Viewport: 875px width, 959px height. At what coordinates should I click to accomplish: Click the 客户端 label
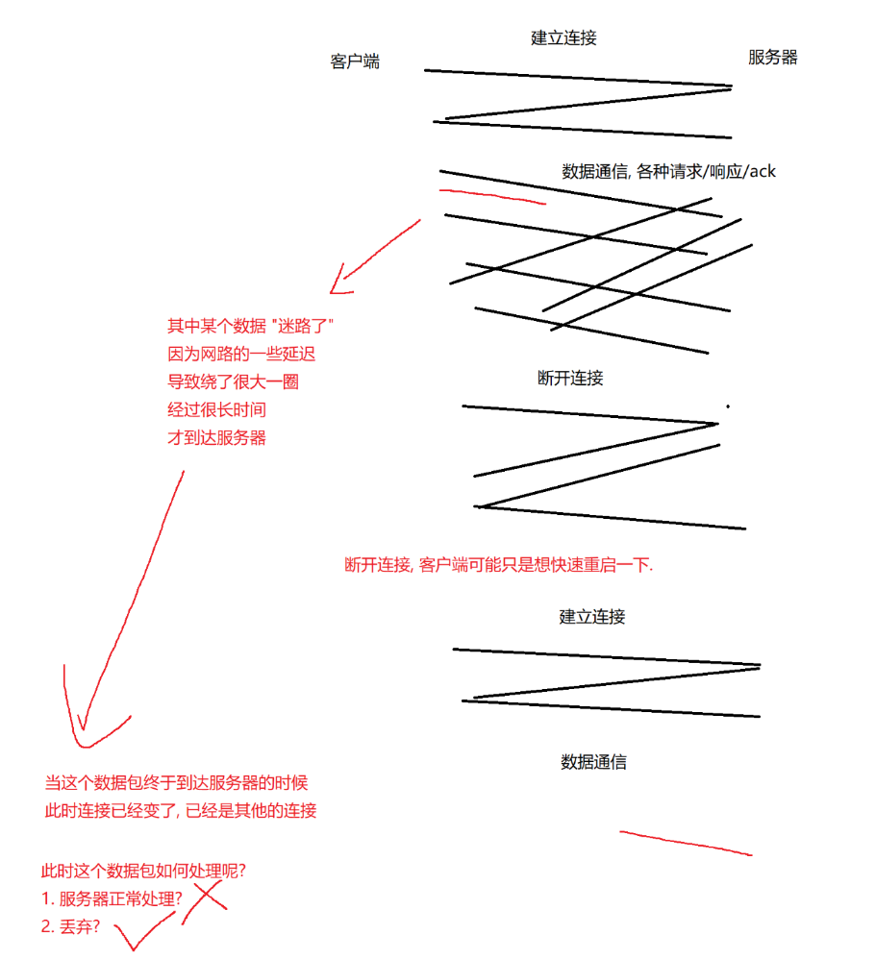tap(354, 61)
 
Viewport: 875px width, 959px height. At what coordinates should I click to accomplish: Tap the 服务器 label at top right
tap(772, 57)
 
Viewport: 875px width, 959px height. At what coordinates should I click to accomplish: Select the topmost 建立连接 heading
tap(562, 37)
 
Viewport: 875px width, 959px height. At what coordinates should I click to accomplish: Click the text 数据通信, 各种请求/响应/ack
tap(668, 171)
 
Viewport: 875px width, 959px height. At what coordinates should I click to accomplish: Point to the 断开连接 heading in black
tap(570, 378)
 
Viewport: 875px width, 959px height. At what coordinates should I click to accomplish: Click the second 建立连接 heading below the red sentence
tap(591, 616)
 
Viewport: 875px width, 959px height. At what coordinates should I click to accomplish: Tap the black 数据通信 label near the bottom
tap(593, 761)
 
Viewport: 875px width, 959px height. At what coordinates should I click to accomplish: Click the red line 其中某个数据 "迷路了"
tap(250, 326)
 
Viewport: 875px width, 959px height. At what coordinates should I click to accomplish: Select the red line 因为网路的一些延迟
tap(241, 354)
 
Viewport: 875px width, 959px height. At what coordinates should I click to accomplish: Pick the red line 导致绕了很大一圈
tap(233, 381)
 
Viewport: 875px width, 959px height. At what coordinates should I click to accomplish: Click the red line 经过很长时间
tap(216, 409)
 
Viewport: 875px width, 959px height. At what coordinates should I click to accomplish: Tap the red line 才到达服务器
tap(216, 437)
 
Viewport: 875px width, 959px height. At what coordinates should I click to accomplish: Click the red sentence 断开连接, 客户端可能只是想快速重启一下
tap(499, 564)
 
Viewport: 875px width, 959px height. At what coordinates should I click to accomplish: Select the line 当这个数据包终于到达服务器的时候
tap(176, 782)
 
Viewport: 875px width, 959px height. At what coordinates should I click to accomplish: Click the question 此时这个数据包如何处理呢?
tap(143, 871)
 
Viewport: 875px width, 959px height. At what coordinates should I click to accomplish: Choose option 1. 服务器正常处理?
tap(112, 898)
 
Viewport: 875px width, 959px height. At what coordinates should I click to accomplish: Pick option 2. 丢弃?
tap(70, 926)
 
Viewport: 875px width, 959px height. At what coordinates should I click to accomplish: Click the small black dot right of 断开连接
tap(728, 406)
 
